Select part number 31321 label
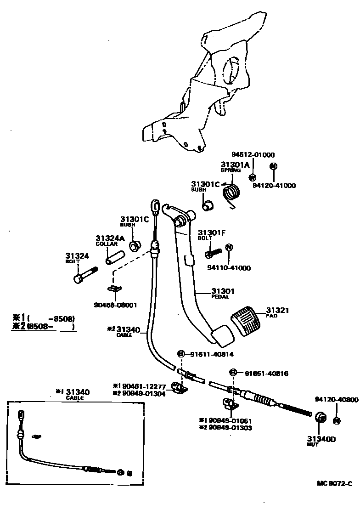click(x=277, y=311)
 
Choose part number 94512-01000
click(x=253, y=155)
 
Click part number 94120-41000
click(x=274, y=186)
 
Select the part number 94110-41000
click(x=229, y=268)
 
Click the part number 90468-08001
click(x=115, y=305)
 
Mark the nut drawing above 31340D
click(x=321, y=418)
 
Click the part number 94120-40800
click(x=336, y=399)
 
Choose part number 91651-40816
click(x=266, y=374)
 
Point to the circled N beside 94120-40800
click(x=337, y=420)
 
